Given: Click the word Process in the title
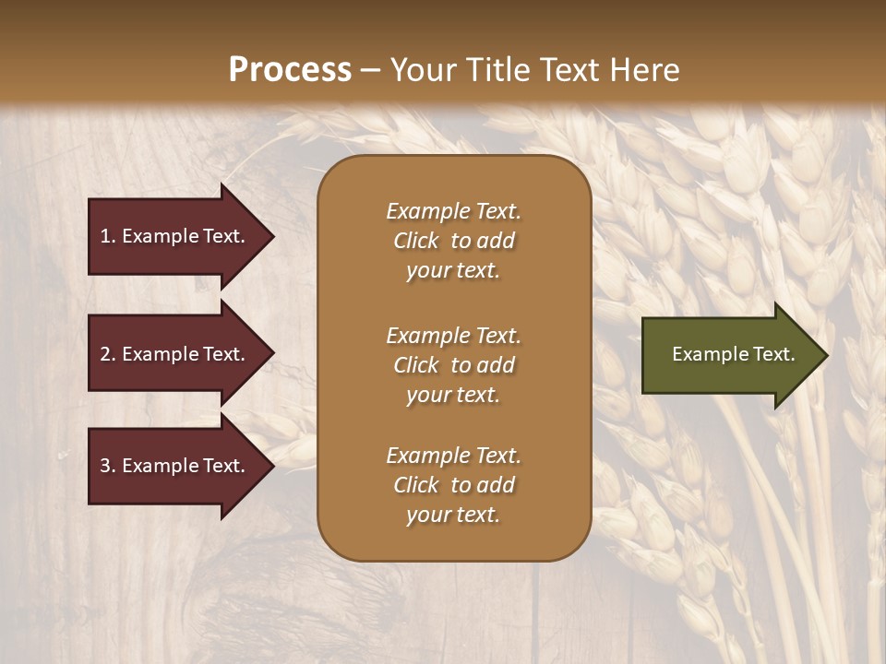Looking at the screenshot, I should click(x=290, y=70).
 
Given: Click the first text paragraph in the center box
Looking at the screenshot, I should click(x=453, y=241).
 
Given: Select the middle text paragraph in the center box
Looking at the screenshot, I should click(x=453, y=365).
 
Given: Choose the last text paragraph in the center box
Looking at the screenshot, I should click(x=453, y=485).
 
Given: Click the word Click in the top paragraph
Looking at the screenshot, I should click(x=416, y=241).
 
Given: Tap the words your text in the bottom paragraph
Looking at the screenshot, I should click(x=453, y=515).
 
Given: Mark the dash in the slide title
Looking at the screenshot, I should click(x=370, y=70).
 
